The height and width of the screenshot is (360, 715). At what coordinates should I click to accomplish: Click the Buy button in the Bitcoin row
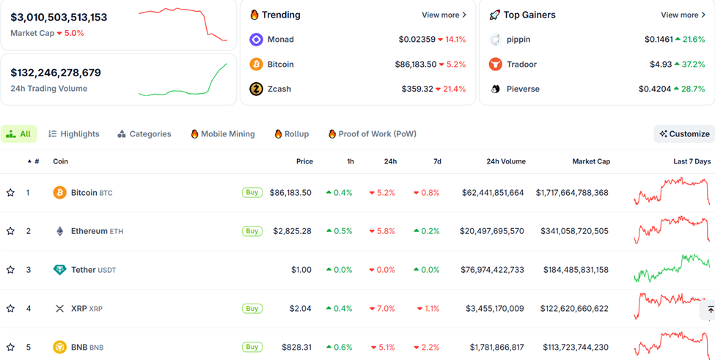click(252, 193)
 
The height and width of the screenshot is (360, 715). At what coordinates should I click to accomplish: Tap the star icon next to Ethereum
click(10, 231)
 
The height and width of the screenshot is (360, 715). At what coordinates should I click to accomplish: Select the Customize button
click(684, 134)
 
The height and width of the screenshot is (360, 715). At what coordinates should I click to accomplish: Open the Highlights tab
click(73, 134)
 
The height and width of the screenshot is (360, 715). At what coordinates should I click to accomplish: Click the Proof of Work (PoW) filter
click(372, 134)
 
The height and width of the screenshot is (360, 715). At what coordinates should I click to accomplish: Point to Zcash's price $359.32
click(417, 89)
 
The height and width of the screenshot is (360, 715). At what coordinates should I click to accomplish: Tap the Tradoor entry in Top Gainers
click(521, 65)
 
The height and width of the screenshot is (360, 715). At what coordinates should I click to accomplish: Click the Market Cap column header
click(590, 161)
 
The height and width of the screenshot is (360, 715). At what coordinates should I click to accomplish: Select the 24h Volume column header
click(505, 161)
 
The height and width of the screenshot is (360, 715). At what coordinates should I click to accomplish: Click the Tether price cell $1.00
click(301, 270)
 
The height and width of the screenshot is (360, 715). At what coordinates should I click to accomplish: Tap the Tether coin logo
click(59, 270)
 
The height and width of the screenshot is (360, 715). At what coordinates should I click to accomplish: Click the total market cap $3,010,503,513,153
click(59, 17)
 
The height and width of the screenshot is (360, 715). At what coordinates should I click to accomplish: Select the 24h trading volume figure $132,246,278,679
click(56, 73)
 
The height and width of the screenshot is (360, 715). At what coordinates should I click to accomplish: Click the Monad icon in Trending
click(256, 40)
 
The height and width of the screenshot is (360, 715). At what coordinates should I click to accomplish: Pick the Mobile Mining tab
click(222, 134)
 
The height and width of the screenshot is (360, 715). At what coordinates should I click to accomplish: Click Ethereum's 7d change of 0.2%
click(427, 231)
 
